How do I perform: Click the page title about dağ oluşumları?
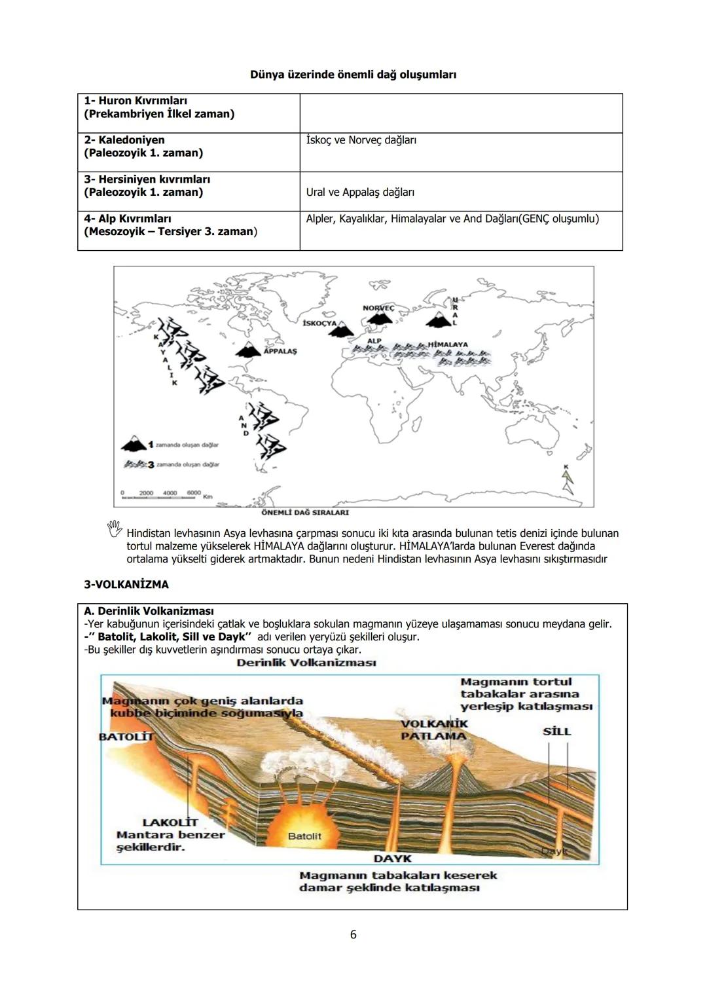353,75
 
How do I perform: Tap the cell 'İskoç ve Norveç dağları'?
361,140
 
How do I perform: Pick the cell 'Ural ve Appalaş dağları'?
360,193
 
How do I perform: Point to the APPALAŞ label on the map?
280,352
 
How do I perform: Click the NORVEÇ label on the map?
378,308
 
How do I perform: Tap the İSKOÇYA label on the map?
320,323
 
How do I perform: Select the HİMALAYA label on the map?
448,344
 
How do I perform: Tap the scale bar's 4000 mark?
170,492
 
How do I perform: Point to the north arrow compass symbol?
567,481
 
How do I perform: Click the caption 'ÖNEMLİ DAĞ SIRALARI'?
304,512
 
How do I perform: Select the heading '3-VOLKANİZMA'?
126,584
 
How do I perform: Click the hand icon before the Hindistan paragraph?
115,528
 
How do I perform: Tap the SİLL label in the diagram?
556,731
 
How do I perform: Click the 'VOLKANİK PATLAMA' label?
434,730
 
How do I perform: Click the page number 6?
353,935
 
